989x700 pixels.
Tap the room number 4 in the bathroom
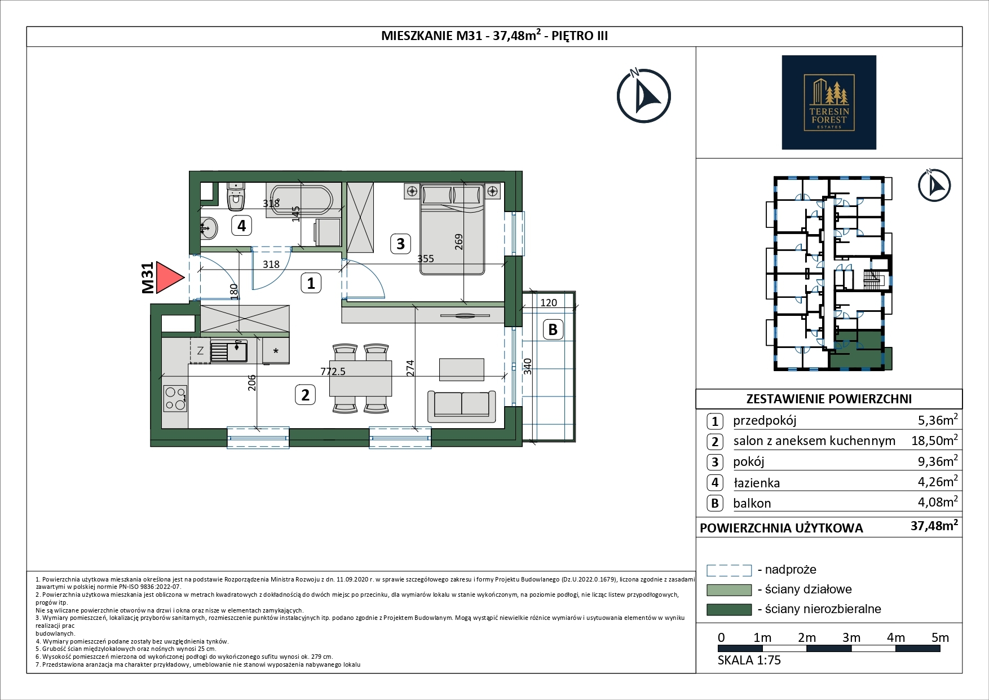pyautogui.click(x=241, y=226)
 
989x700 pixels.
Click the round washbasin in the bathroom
pyautogui.click(x=209, y=228)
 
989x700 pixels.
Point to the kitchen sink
pyautogui.click(x=229, y=351)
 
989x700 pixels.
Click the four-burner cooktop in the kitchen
pyautogui.click(x=175, y=398)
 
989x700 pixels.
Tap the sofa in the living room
pyautogui.click(x=462, y=405)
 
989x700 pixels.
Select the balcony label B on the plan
pyautogui.click(x=553, y=329)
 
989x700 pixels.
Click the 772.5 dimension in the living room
pyautogui.click(x=333, y=371)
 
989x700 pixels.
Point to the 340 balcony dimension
pyautogui.click(x=528, y=366)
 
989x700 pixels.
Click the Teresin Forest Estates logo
pyautogui.click(x=829, y=102)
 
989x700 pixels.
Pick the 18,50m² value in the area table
pyautogui.click(x=934, y=440)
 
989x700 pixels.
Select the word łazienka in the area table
pyautogui.click(x=756, y=483)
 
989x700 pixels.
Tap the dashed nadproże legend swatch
pyautogui.click(x=729, y=570)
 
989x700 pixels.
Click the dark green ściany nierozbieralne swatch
pyautogui.click(x=729, y=609)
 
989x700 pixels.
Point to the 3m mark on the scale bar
pyautogui.click(x=851, y=637)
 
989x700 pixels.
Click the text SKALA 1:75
pyautogui.click(x=749, y=660)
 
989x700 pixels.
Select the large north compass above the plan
pyautogui.click(x=643, y=95)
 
